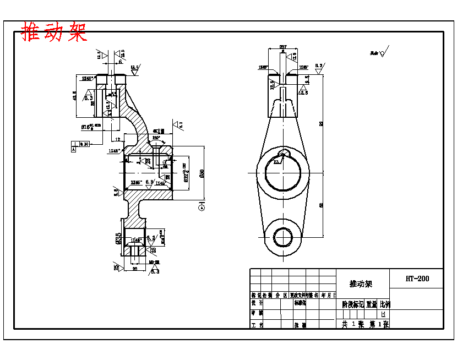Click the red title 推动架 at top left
[54, 32]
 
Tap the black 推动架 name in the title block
[361, 284]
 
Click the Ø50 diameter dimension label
[202, 173]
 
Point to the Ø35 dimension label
[118, 239]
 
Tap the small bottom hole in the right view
[283, 237]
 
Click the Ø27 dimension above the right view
[283, 47]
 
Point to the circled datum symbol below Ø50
[202, 206]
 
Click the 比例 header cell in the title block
[384, 304]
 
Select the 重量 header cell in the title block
[371, 304]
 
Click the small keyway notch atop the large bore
[283, 154]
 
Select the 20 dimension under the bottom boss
[134, 269]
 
